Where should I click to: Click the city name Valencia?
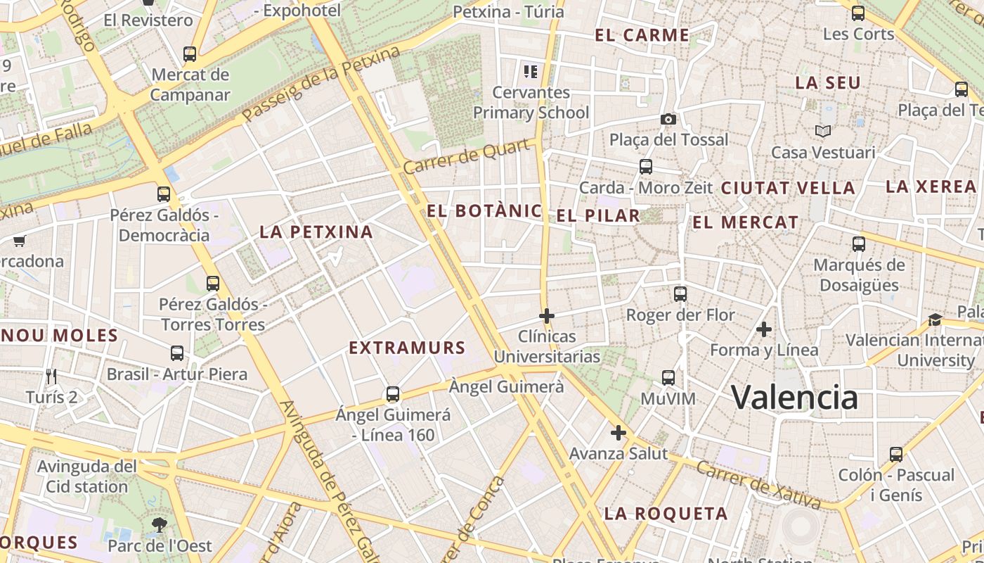(x=794, y=397)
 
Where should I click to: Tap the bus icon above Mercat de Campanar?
(x=189, y=53)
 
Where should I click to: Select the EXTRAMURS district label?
(x=407, y=348)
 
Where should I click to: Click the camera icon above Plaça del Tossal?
(x=668, y=119)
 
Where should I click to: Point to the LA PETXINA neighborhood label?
(x=316, y=232)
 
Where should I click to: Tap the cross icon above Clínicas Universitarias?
(x=546, y=316)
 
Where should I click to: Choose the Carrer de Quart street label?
(x=467, y=156)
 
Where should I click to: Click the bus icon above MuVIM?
(x=668, y=378)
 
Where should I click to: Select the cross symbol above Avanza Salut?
(x=618, y=432)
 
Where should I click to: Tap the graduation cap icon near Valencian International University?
(x=935, y=320)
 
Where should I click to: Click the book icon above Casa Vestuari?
(x=822, y=131)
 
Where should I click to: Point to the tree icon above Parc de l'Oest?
(x=160, y=524)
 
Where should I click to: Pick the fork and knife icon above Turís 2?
(x=51, y=377)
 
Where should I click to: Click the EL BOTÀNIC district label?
(x=484, y=210)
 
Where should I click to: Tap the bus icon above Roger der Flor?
(x=680, y=294)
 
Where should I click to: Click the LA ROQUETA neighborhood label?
(x=666, y=513)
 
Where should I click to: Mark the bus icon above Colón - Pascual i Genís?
(x=895, y=454)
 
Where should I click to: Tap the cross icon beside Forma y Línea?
(x=763, y=329)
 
